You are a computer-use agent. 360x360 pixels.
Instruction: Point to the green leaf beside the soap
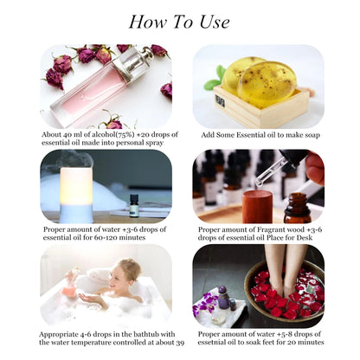point(212,83)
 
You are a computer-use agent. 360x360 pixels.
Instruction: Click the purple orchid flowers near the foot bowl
point(209,303)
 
